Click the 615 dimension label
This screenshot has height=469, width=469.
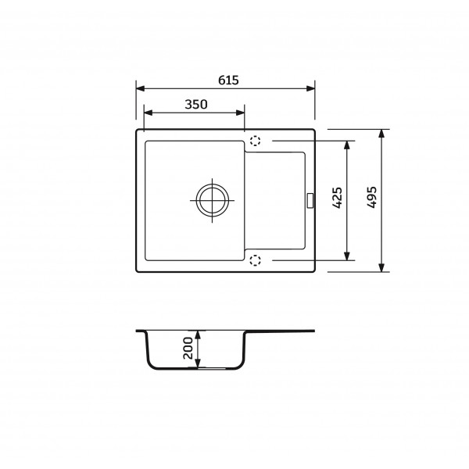tap(228, 81)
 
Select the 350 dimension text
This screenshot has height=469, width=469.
tap(196, 105)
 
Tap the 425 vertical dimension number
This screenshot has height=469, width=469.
tap(338, 198)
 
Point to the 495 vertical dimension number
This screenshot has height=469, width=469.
tap(372, 198)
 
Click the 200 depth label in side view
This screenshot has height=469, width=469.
tap(188, 348)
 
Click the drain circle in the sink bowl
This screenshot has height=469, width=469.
tap(213, 200)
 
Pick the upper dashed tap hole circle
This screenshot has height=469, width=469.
tap(255, 141)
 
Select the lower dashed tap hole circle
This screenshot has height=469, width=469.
tap(255, 260)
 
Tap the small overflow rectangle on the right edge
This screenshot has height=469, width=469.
tap(310, 200)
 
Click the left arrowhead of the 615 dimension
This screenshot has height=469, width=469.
tap(141, 88)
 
